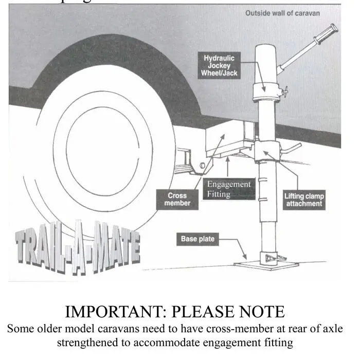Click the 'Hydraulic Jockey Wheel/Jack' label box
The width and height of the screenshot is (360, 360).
click(x=219, y=66)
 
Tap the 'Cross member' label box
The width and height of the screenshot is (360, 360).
click(x=177, y=199)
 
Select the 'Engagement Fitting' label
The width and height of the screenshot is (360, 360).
click(x=229, y=189)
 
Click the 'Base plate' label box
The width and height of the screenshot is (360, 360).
click(x=197, y=239)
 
